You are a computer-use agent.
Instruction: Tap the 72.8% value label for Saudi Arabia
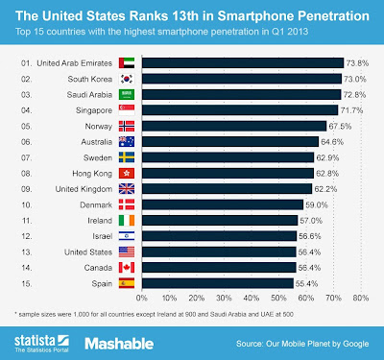click(x=356, y=95)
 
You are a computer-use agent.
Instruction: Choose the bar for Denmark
click(x=230, y=204)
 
